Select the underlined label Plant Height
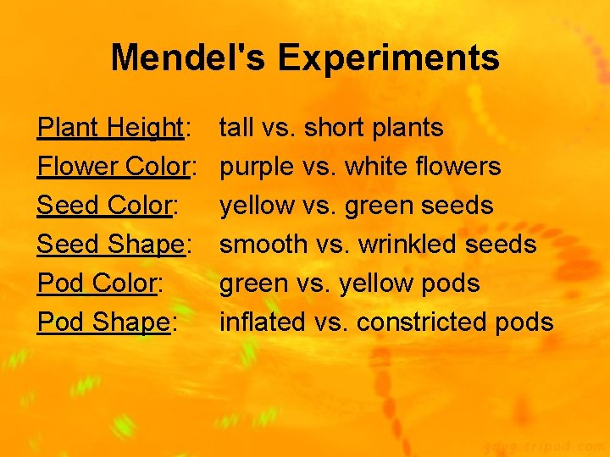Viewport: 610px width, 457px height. click(111, 128)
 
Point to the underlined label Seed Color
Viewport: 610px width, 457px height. click(103, 206)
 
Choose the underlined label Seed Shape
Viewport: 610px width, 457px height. click(111, 245)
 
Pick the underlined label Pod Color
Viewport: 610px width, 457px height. click(97, 284)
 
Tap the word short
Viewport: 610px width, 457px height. click(335, 128)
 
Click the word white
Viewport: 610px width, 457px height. click(378, 167)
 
